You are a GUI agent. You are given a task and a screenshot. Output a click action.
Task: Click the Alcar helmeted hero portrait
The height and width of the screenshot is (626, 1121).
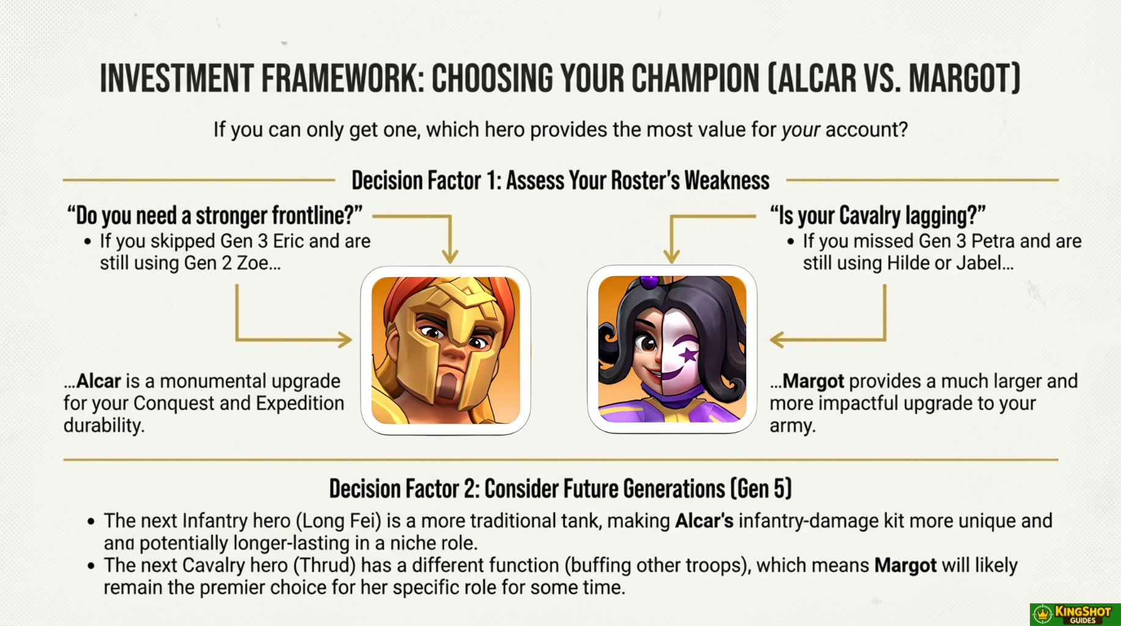click(x=446, y=350)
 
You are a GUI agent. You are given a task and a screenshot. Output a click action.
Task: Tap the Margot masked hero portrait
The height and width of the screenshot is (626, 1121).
click(x=672, y=349)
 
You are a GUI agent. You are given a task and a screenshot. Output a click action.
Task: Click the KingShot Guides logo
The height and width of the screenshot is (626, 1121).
click(x=1075, y=614)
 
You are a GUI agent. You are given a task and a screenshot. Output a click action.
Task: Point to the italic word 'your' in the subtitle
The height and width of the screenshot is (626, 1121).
click(x=800, y=130)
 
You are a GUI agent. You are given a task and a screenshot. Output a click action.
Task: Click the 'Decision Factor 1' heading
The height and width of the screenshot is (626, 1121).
click(x=560, y=181)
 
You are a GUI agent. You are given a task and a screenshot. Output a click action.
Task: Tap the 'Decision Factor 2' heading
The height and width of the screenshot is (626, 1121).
click(x=560, y=489)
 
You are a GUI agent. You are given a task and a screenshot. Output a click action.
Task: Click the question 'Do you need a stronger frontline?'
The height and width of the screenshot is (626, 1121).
click(x=215, y=216)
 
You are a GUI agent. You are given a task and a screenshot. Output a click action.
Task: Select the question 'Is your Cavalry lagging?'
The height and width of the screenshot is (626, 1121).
click(x=878, y=216)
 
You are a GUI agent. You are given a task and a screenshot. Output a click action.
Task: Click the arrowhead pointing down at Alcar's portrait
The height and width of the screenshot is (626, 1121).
click(x=450, y=256)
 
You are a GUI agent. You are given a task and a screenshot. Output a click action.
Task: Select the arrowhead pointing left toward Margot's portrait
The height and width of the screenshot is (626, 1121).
click(x=777, y=339)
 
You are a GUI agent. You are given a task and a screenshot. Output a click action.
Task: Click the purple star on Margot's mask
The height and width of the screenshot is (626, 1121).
click(x=689, y=354)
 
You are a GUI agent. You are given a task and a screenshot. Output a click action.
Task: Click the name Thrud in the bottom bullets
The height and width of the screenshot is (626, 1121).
click(x=325, y=565)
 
